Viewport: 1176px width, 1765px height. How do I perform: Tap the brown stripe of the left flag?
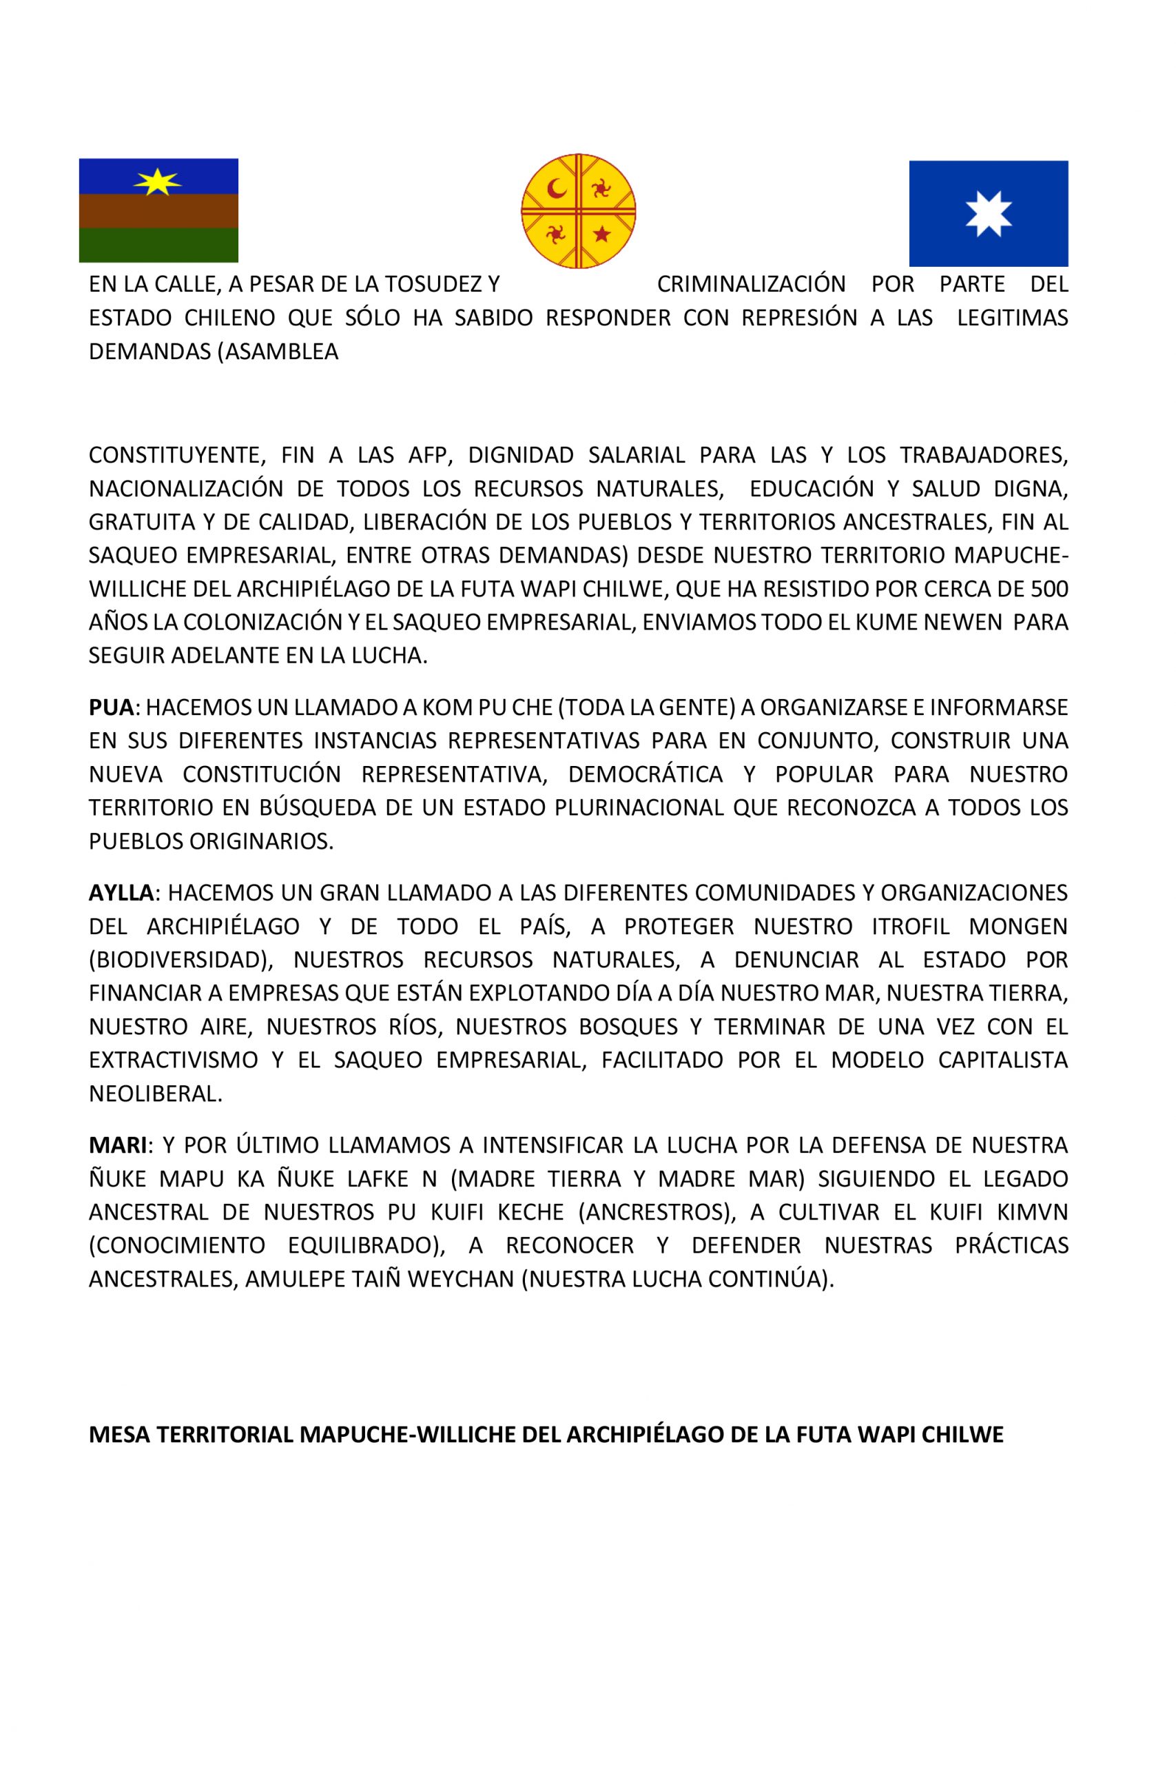click(158, 211)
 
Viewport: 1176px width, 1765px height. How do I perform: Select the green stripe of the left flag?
click(158, 245)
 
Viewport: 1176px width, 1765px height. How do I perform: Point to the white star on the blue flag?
click(989, 214)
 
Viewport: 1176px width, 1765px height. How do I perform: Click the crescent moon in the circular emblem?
click(556, 188)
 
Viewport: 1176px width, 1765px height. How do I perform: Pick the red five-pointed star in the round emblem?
click(601, 235)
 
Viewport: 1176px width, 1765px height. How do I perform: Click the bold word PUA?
click(111, 707)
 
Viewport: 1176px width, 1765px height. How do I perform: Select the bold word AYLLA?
click(121, 892)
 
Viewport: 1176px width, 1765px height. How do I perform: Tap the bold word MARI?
click(118, 1145)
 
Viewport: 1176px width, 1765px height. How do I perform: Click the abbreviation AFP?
click(426, 455)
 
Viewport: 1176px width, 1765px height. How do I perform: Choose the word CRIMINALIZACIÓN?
click(751, 285)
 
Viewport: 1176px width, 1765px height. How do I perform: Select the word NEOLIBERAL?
click(155, 1093)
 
